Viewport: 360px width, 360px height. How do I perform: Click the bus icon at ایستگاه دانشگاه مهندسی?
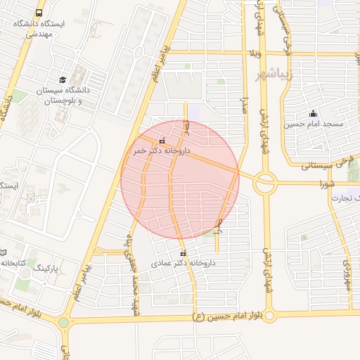point(39,13)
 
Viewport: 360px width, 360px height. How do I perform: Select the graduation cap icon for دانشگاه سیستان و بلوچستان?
point(63,79)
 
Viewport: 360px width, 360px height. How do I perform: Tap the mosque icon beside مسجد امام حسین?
point(313,113)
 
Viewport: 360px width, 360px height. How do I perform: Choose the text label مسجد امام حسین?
point(314,124)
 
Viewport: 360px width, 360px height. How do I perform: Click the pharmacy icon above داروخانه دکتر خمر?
point(163,140)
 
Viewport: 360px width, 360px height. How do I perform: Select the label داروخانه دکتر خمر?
point(161,150)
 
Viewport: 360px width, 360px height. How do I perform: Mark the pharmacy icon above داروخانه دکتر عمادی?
point(184,253)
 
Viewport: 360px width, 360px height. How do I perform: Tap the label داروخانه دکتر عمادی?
point(182,264)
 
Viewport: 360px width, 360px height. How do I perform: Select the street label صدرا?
point(245,105)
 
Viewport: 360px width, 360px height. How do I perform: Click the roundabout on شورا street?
point(265,183)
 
